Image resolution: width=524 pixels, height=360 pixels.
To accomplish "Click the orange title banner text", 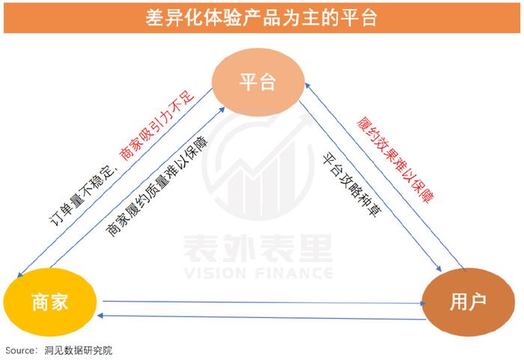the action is (261, 17).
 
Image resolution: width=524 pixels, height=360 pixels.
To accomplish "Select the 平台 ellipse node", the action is (258, 82).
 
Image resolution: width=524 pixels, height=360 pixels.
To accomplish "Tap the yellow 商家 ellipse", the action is (50, 302).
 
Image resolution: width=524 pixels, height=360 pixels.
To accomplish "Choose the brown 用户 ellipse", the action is (468, 302).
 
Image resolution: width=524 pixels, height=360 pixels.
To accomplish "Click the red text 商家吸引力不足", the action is (157, 125).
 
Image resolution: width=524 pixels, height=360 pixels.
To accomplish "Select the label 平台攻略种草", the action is (353, 185).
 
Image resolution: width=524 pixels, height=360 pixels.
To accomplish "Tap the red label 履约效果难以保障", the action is (395, 159).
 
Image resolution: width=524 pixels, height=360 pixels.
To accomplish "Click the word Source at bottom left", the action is (20, 350).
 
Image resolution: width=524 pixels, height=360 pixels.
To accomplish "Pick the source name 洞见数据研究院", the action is (79, 350).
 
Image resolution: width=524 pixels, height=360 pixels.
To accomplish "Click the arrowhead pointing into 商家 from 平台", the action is (19, 274).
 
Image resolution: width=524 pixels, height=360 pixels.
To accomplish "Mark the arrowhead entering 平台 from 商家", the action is (222, 109).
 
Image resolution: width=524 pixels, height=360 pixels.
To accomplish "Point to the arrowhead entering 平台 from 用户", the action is (308, 86).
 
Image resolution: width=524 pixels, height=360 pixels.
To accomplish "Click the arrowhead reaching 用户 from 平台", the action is (439, 269).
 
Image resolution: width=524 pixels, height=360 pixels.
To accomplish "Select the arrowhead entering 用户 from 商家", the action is (422, 303).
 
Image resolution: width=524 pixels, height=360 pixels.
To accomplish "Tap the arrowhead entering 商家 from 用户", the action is (100, 315).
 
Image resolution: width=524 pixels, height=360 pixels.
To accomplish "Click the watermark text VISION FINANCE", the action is (258, 273).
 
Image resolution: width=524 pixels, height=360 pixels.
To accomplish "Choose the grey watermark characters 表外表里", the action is (258, 248).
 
